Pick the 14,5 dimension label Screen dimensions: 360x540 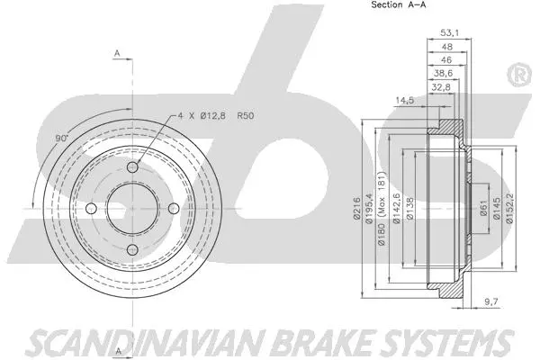pyautogui.click(x=405, y=99)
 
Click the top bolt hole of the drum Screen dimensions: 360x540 pyautogui.click(x=132, y=169)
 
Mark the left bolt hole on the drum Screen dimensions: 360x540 pyautogui.click(x=92, y=210)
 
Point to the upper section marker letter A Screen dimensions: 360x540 pyautogui.click(x=117, y=55)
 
